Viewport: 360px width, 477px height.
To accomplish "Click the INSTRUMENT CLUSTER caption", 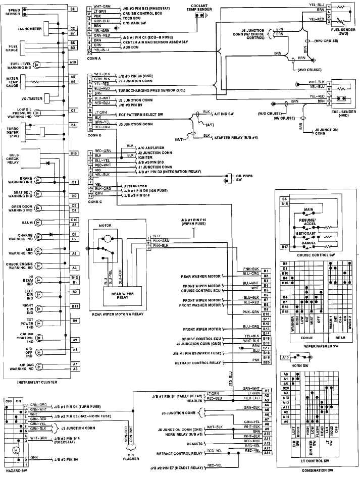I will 36,382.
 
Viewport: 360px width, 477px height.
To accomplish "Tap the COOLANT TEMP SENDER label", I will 204,8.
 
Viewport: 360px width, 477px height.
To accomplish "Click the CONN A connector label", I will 94,58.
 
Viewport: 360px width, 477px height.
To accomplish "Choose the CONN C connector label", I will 94,201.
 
